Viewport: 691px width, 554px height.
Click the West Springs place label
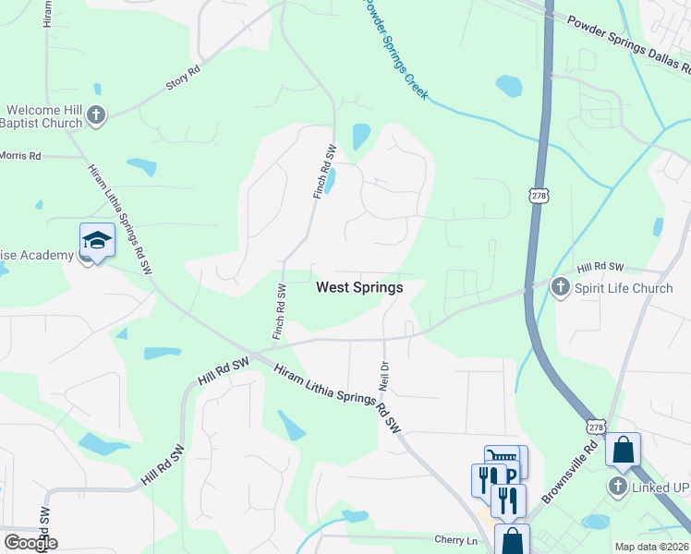coord(359,287)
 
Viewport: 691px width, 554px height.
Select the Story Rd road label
coord(183,77)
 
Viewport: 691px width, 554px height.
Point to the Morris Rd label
coord(20,156)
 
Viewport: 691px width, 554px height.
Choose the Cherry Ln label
coord(458,539)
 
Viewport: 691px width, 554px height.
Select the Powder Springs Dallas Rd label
coord(628,43)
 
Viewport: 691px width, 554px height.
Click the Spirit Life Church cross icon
coord(559,287)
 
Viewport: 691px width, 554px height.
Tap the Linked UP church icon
coord(618,485)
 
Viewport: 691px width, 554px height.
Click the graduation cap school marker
coord(97,240)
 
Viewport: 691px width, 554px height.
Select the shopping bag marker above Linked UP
coord(623,451)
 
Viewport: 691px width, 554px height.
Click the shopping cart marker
coord(502,457)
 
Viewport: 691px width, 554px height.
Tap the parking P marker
coord(510,475)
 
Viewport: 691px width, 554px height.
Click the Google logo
coord(30,543)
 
